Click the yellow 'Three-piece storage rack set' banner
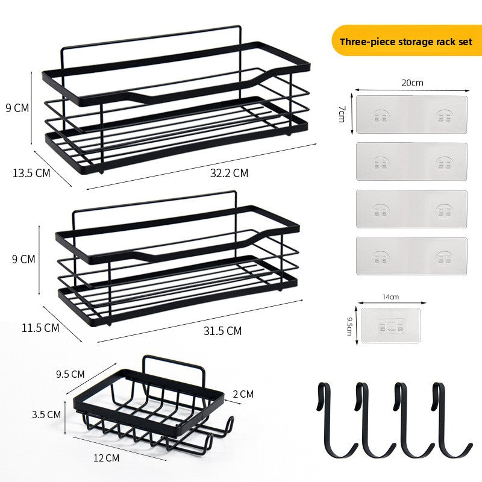pyautogui.click(x=406, y=40)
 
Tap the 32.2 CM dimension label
pyautogui.click(x=229, y=173)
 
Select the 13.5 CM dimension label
pyautogui.click(x=31, y=173)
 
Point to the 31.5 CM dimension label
pyautogui.click(x=222, y=331)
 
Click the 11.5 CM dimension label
pyautogui.click(x=40, y=328)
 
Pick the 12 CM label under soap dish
pyautogui.click(x=107, y=458)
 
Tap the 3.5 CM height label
pyautogui.click(x=46, y=415)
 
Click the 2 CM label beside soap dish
pyautogui.click(x=243, y=394)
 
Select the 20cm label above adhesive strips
pyautogui.click(x=412, y=83)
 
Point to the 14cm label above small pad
pyautogui.click(x=390, y=296)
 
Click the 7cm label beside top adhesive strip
pyautogui.click(x=342, y=114)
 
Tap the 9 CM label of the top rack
pyautogui.click(x=17, y=108)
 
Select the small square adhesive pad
pyautogui.click(x=390, y=325)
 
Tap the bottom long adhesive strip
pyautogui.click(x=412, y=256)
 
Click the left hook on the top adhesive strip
pyautogui.click(x=380, y=116)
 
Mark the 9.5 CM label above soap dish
pyautogui.click(x=70, y=374)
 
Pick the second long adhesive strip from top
pyautogui.click(x=412, y=161)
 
